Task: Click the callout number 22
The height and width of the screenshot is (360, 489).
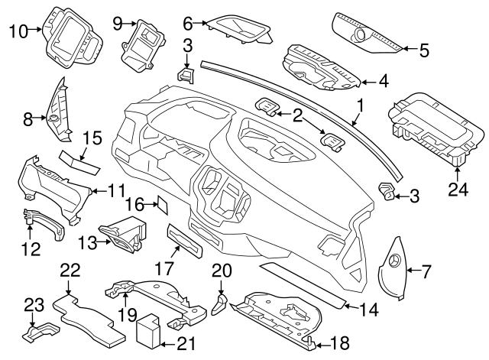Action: pos(70,269)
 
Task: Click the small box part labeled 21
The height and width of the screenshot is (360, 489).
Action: pos(147,331)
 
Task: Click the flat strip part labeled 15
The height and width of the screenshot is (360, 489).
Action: pos(79,159)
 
